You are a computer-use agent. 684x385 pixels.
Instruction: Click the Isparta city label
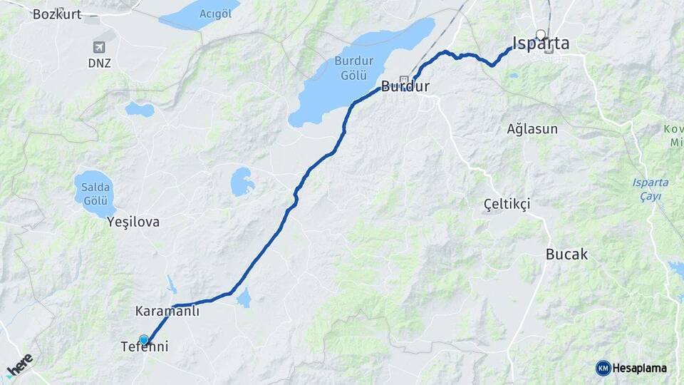tap(541, 44)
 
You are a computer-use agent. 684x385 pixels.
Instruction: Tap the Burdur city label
tap(405, 88)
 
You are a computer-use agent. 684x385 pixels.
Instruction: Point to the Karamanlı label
tap(167, 312)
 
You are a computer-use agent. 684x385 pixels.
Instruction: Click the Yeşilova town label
tap(133, 222)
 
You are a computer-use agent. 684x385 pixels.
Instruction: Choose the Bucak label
tap(566, 254)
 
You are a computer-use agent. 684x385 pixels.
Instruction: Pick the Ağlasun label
tap(532, 130)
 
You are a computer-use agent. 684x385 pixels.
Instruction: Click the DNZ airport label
tap(100, 63)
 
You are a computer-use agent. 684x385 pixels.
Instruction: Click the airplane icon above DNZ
tap(99, 47)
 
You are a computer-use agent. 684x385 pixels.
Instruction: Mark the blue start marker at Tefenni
tap(144, 340)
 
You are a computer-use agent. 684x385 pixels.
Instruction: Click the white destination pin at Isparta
tap(541, 34)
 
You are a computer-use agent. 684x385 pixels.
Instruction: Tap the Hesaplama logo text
tap(640, 368)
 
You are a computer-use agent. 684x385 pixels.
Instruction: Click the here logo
tap(19, 366)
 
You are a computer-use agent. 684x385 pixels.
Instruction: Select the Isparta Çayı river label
tap(651, 189)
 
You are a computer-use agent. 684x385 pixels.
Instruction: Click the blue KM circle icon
tap(603, 368)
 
